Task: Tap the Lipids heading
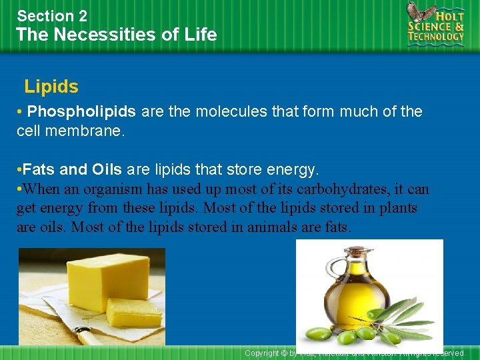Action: tap(51, 87)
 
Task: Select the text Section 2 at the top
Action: tap(52, 15)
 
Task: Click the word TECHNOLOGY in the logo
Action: tap(436, 37)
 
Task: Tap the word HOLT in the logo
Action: tap(447, 14)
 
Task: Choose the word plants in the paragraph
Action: tap(398, 208)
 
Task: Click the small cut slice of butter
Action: tap(133, 313)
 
